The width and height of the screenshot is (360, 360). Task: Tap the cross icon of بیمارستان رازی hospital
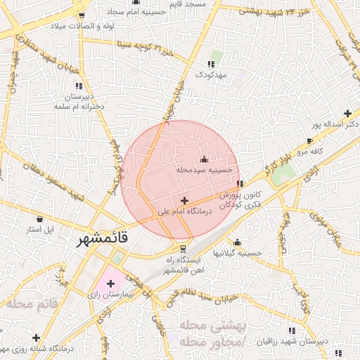110,283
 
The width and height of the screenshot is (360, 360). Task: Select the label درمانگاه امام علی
186,210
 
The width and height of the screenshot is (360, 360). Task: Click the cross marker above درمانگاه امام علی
184,200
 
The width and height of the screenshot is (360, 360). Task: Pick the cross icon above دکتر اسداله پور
347,113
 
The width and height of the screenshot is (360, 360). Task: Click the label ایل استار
45,230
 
